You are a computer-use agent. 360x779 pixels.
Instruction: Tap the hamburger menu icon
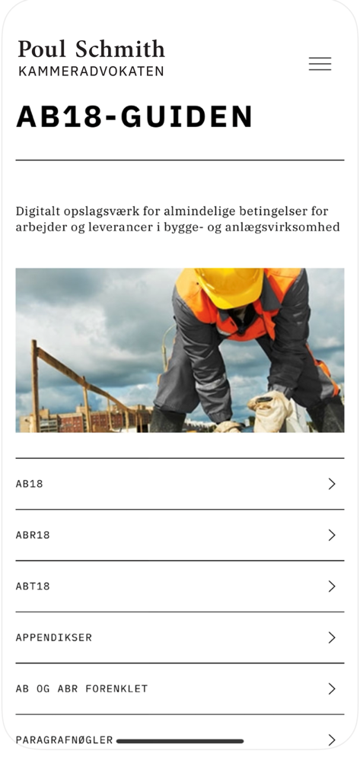[x=320, y=64]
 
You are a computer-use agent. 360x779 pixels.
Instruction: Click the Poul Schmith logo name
[x=91, y=49]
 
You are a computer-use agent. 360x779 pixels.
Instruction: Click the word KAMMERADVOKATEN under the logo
[x=91, y=72]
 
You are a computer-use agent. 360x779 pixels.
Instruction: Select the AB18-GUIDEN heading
[x=135, y=117]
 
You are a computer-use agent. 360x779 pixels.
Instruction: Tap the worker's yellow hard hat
[x=229, y=287]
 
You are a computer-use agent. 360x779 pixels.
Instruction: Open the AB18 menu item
[x=30, y=484]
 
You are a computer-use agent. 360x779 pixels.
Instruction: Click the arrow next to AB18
[x=331, y=484]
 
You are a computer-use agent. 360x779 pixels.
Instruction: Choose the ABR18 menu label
[x=33, y=535]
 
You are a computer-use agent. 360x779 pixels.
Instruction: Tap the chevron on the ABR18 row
[x=331, y=535]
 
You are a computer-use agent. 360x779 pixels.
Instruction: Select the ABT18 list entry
[x=33, y=587]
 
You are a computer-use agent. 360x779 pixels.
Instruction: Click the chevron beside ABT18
[x=331, y=587]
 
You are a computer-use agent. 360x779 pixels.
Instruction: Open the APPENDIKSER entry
[x=53, y=638]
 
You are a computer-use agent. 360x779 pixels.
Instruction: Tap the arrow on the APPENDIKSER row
[x=331, y=638]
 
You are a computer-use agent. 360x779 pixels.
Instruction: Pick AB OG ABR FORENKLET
[x=81, y=689]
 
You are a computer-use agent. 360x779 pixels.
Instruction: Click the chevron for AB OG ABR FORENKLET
[x=331, y=689]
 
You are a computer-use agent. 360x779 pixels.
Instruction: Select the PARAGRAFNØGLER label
[x=64, y=739]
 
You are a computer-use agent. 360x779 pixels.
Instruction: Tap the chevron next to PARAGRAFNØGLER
[x=331, y=739]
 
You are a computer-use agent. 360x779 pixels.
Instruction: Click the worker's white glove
[x=272, y=411]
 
